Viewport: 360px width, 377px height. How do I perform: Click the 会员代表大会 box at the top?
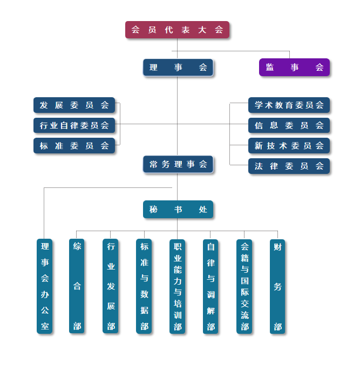pyautogui.click(x=177, y=30)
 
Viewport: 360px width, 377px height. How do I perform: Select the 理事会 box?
pyautogui.click(x=178, y=68)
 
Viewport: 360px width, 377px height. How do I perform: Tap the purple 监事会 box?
pyautogui.click(x=294, y=68)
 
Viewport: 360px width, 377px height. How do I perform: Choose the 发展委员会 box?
pyautogui.click(x=74, y=105)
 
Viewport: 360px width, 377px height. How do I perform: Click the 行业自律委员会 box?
pyautogui.click(x=74, y=126)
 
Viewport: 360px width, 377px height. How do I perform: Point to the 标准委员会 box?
pyautogui.click(x=74, y=146)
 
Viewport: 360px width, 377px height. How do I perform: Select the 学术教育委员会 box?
pyautogui.click(x=289, y=105)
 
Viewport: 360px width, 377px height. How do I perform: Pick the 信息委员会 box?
pyautogui.click(x=289, y=126)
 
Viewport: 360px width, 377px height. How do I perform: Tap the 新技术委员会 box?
pyautogui.click(x=289, y=146)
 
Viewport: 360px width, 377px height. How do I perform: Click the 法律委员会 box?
pyautogui.click(x=289, y=166)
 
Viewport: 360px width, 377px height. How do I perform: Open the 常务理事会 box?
pyautogui.click(x=178, y=165)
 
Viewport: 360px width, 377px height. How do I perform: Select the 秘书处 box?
pyautogui.click(x=178, y=210)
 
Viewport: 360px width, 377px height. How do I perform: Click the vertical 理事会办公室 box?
pyautogui.click(x=45, y=286)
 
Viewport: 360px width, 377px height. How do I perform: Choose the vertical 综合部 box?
pyautogui.click(x=77, y=286)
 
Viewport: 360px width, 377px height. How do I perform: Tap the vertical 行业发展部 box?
pyautogui.click(x=111, y=286)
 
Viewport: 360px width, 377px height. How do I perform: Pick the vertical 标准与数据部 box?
pyautogui.click(x=144, y=286)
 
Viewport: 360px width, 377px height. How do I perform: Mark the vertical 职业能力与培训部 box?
pyautogui.click(x=178, y=286)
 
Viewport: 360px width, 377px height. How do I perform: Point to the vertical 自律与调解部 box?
pyautogui.click(x=210, y=286)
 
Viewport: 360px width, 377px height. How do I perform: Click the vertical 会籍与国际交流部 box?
pyautogui.click(x=244, y=286)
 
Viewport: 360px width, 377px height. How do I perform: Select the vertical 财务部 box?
pyautogui.click(x=277, y=286)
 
